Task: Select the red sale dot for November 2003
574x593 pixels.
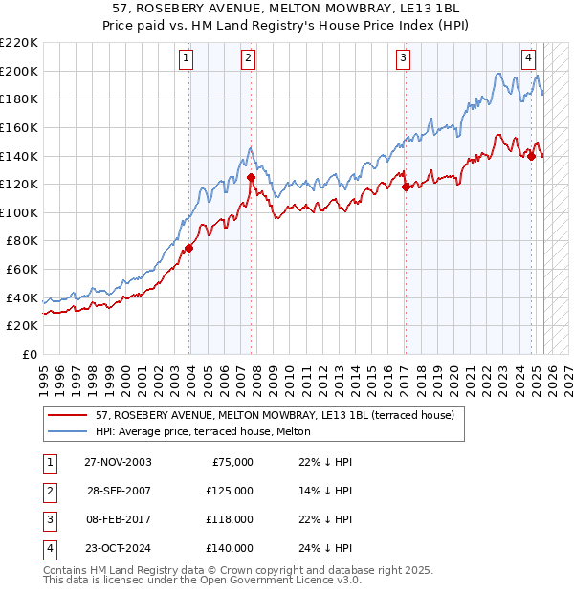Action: coord(189,248)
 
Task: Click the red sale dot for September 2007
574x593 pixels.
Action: coord(251,177)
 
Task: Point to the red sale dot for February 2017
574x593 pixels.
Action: coord(406,187)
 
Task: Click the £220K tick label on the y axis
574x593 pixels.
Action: coord(19,43)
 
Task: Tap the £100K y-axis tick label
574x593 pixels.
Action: coord(19,212)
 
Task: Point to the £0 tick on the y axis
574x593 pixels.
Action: coord(29,354)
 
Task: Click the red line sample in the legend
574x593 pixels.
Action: coord(67,414)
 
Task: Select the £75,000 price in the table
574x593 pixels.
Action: coord(232,462)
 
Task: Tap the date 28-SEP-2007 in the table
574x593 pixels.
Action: coord(120,491)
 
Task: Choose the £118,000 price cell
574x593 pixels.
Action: coord(230,519)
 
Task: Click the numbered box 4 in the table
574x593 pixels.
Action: coord(49,548)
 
